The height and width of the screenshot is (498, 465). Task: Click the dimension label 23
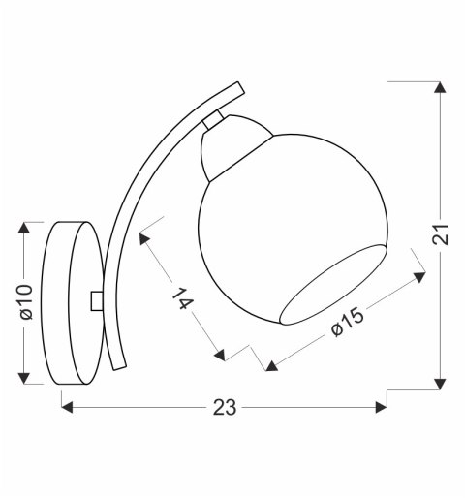click(225, 407)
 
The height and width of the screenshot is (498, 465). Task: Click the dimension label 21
click(441, 234)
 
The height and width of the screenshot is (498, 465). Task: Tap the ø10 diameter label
click(26, 302)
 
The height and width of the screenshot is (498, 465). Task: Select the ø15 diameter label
click(349, 322)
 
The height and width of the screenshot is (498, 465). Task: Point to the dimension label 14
click(183, 298)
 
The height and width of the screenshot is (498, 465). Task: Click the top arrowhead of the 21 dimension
click(440, 87)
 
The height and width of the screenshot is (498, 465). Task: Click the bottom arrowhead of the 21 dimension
click(440, 384)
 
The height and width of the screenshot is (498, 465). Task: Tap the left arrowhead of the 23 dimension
click(67, 407)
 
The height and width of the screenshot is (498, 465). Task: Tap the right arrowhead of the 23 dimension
click(382, 407)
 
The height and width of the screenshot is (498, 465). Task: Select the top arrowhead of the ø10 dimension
click(24, 228)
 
